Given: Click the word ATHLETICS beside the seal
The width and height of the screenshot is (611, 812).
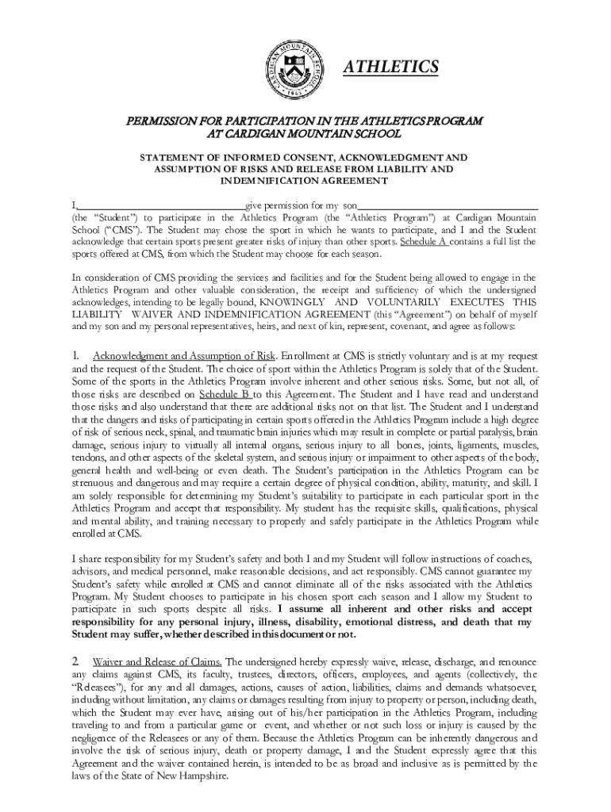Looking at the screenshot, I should [x=390, y=67].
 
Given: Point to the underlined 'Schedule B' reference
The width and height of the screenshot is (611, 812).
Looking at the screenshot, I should [x=225, y=393].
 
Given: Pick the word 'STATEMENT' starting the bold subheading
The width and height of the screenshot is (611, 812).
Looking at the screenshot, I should [x=171, y=157].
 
